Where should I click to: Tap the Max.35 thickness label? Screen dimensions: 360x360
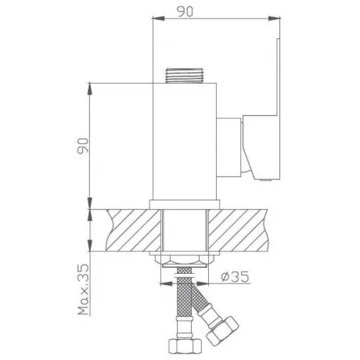tap(84, 290)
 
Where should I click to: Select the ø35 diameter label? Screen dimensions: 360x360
tap(235, 276)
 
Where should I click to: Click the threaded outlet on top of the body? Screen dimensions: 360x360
tap(185, 76)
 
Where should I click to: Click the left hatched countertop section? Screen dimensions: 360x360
tap(133, 230)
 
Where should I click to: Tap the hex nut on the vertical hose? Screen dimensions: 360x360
tap(185, 346)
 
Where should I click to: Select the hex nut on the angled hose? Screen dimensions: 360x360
tap(222, 331)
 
